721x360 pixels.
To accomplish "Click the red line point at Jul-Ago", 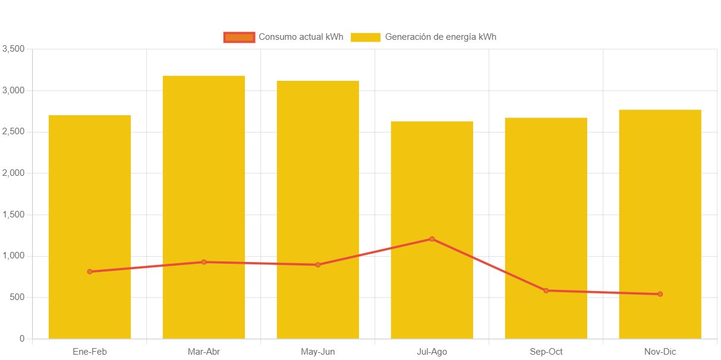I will [x=432, y=239].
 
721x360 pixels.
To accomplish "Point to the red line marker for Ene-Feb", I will [x=90, y=271].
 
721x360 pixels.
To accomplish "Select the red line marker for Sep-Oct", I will [x=546, y=290].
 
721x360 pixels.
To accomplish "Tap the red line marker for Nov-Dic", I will [x=660, y=294].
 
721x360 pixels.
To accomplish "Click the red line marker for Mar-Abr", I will [x=204, y=262].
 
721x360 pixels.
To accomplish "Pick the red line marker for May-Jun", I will [x=318, y=264].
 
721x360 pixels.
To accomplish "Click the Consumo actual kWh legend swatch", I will [x=239, y=37].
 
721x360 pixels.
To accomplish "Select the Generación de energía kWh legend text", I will [x=440, y=37].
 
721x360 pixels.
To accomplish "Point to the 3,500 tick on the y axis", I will [x=13, y=49].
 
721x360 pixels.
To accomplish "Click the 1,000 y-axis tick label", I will [x=13, y=255].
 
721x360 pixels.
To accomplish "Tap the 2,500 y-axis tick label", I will [x=13, y=131].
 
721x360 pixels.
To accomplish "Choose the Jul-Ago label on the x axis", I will [x=432, y=352].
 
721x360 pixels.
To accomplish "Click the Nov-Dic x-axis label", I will [x=660, y=352].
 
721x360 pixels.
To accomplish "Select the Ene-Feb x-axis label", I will [x=90, y=352].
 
